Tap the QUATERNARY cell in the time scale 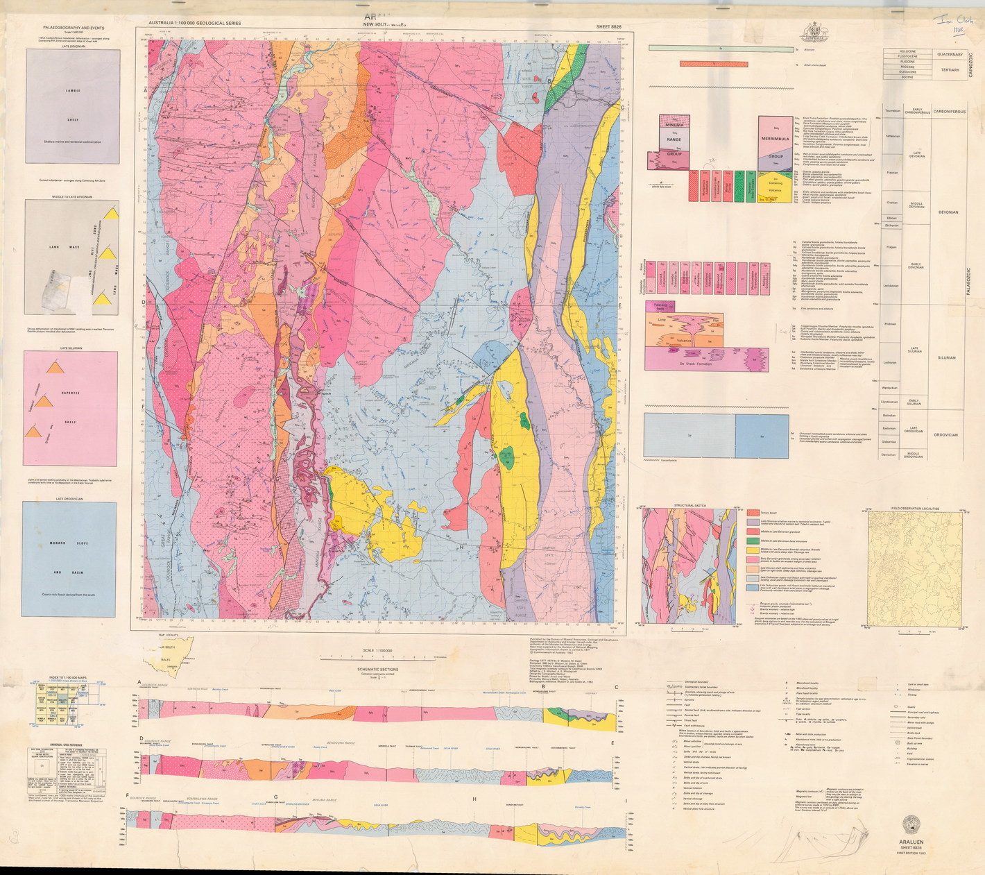949,53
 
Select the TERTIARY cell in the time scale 949,69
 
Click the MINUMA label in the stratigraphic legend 674,125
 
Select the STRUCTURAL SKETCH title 689,506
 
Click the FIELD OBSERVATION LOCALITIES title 915,509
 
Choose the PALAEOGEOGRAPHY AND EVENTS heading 71,28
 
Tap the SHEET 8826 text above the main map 608,26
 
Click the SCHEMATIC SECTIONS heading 378,670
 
